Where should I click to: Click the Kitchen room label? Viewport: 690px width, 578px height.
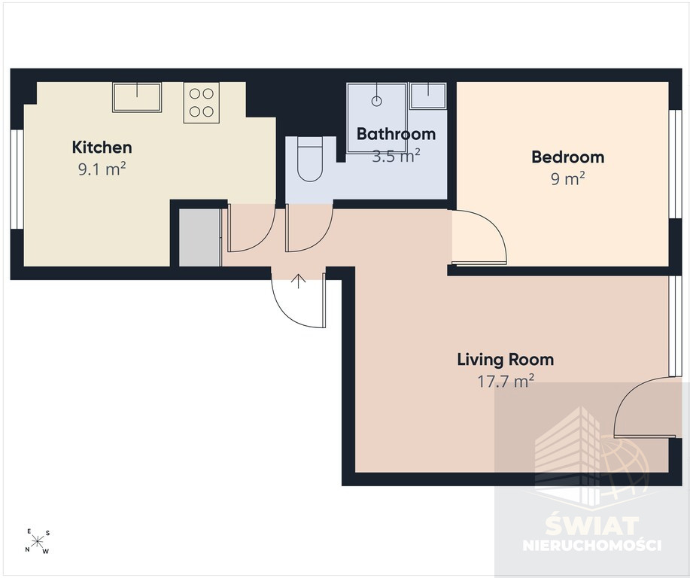pyautogui.click(x=102, y=147)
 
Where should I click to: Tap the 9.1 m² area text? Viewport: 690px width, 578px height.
pyautogui.click(x=102, y=169)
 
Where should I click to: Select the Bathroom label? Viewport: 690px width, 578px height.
pyautogui.click(x=396, y=133)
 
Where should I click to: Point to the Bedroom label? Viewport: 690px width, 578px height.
pyautogui.click(x=567, y=157)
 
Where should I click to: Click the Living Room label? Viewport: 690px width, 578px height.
pyautogui.click(x=506, y=360)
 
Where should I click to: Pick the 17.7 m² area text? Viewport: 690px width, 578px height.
pyautogui.click(x=506, y=381)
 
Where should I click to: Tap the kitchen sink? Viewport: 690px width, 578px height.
pyautogui.click(x=137, y=97)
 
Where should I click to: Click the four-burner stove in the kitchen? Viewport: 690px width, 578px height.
pyautogui.click(x=202, y=102)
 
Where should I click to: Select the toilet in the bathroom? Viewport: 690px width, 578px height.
pyautogui.click(x=310, y=159)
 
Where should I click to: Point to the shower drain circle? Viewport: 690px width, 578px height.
pyautogui.click(x=376, y=102)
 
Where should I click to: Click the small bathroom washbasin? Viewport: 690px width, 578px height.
pyautogui.click(x=427, y=96)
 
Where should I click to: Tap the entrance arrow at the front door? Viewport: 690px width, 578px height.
pyautogui.click(x=299, y=281)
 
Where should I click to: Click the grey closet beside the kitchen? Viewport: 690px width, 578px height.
pyautogui.click(x=199, y=237)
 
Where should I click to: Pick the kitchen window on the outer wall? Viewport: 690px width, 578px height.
pyautogui.click(x=17, y=179)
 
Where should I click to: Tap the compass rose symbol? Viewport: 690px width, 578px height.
pyautogui.click(x=38, y=540)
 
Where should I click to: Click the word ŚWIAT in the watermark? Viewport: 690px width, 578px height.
pyautogui.click(x=592, y=525)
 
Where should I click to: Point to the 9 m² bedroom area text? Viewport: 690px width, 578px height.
pyautogui.click(x=567, y=178)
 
